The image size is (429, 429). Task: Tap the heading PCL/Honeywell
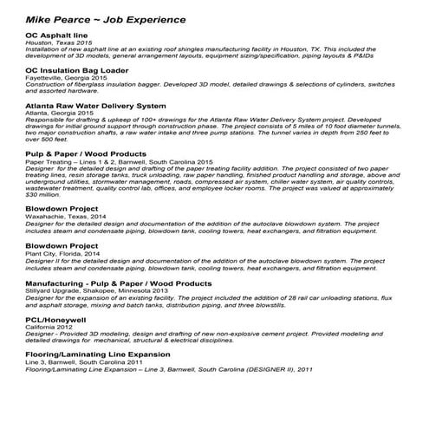[59, 320]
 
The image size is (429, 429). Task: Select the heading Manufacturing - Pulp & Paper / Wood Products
[119, 283]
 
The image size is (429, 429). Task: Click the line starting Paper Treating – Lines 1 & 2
[119, 162]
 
